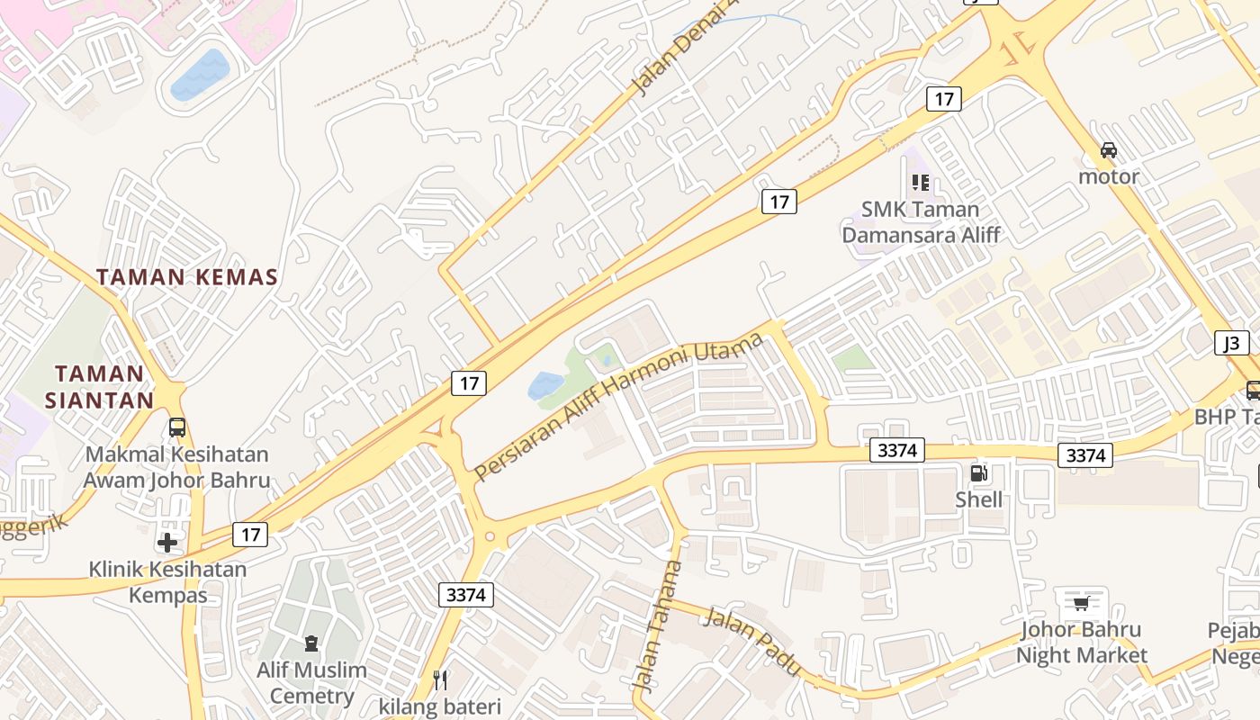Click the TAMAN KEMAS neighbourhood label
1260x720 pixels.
187,277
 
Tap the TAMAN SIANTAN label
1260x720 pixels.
99,387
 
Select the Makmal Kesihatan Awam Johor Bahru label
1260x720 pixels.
176,467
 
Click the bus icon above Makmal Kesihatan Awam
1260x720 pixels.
177,427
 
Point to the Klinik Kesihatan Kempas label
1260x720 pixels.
167,581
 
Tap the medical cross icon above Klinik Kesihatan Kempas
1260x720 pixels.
167,543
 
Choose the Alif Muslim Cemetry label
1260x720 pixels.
311,682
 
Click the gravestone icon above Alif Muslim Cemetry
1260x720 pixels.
311,643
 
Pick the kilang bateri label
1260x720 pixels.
440,706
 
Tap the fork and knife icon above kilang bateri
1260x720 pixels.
440,679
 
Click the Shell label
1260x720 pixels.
978,499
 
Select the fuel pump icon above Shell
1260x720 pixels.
978,473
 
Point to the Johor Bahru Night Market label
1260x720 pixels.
1081,642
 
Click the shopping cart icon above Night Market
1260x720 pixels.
1081,603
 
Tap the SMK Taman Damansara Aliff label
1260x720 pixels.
920,222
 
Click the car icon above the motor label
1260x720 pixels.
1109,150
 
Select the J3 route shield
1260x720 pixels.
1231,343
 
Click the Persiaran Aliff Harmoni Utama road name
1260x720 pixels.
618,406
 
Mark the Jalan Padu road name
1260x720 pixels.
751,642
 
